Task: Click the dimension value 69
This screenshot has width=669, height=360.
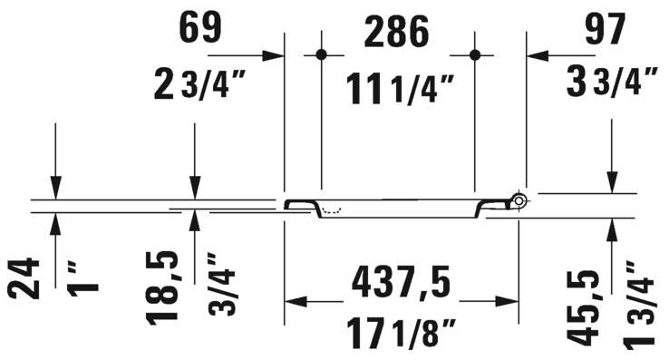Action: click(200, 27)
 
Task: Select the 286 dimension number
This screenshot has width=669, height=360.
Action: click(396, 31)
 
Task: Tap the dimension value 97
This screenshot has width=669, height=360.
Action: click(605, 28)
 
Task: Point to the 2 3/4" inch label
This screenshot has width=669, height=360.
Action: click(200, 84)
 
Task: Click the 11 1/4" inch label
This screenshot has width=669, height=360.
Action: click(400, 89)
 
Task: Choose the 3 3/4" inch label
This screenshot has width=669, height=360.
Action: click(612, 81)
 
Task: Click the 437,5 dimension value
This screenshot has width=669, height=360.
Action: click(401, 283)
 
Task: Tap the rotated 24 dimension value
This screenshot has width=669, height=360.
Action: click(24, 278)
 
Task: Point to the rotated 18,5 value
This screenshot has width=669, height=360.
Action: click(162, 288)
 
